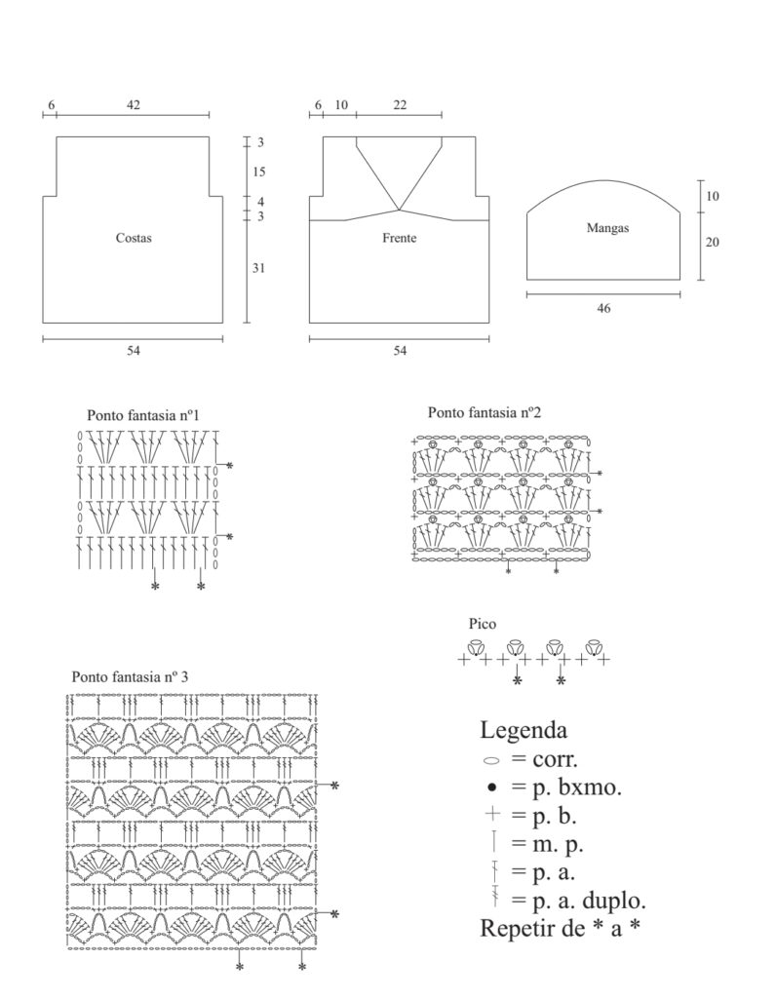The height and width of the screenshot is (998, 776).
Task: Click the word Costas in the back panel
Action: click(134, 238)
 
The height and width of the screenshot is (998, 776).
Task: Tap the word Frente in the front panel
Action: click(400, 238)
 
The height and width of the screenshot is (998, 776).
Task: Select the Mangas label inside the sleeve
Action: click(607, 228)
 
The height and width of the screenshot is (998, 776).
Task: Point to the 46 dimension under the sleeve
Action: click(603, 307)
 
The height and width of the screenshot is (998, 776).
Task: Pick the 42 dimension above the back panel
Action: click(134, 105)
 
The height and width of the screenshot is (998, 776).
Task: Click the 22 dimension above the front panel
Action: click(400, 105)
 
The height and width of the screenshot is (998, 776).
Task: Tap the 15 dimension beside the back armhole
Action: click(260, 172)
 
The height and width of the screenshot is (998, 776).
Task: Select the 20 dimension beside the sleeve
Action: click(712, 243)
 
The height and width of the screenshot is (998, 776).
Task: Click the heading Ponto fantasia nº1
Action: click(143, 414)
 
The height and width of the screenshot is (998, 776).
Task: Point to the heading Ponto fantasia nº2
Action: click(485, 413)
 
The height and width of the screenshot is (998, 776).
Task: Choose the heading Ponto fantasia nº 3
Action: click(131, 676)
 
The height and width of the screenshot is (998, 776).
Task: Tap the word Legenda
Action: click(524, 729)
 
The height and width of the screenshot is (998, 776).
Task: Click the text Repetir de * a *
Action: click(561, 928)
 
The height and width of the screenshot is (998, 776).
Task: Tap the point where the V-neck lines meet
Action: click(399, 210)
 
